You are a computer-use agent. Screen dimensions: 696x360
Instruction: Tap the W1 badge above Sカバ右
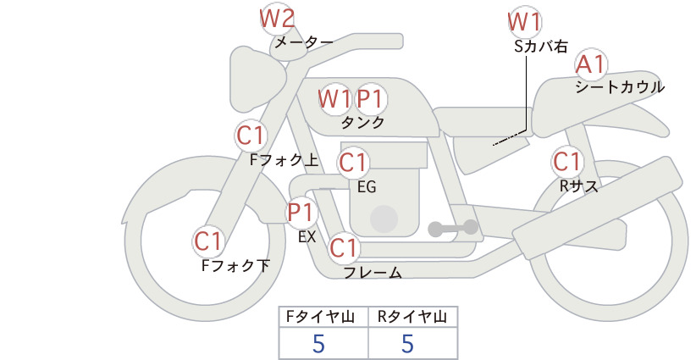(525, 22)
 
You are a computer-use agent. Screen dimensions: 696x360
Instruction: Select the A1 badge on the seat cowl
(591, 64)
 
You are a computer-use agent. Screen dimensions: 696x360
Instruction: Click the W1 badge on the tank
(334, 98)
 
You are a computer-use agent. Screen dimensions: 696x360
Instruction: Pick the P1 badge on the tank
(371, 98)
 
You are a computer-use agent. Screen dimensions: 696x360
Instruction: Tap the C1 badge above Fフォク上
(251, 136)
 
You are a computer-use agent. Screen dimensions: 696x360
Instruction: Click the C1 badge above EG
(353, 163)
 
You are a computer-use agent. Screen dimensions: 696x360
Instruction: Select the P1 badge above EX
(301, 212)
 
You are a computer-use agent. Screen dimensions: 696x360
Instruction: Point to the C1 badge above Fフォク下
(207, 241)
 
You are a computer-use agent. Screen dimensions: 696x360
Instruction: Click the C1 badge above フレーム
(344, 247)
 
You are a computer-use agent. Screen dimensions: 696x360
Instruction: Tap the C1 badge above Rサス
(566, 161)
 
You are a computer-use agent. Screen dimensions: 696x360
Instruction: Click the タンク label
(362, 123)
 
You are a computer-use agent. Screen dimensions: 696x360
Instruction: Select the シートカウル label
(620, 86)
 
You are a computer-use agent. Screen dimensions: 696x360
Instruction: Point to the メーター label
(304, 42)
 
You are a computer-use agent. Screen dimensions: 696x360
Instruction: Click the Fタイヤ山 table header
(320, 317)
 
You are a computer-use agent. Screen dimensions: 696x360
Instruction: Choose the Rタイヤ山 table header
(412, 317)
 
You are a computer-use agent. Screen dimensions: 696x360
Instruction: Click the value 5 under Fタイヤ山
(319, 343)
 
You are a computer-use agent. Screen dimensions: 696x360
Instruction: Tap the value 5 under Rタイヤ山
(408, 343)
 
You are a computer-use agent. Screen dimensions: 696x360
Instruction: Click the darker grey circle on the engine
(384, 219)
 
